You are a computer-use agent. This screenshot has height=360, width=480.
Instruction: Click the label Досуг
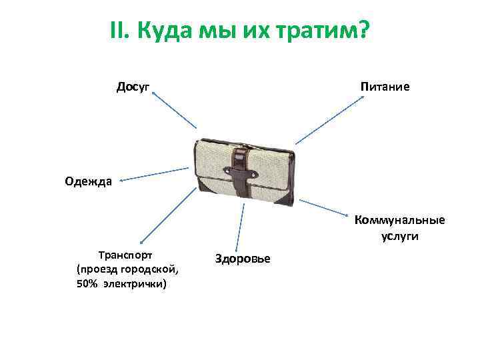click(x=133, y=87)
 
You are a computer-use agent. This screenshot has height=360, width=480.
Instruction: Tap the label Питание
click(x=385, y=87)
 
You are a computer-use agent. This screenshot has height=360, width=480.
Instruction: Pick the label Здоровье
click(x=243, y=258)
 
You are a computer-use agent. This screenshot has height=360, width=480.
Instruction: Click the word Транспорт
click(x=125, y=255)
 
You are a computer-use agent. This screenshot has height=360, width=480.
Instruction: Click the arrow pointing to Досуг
click(x=175, y=110)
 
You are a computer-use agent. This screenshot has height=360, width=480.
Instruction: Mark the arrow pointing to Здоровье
click(x=240, y=227)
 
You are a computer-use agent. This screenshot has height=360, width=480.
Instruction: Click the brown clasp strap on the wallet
click(x=241, y=172)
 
